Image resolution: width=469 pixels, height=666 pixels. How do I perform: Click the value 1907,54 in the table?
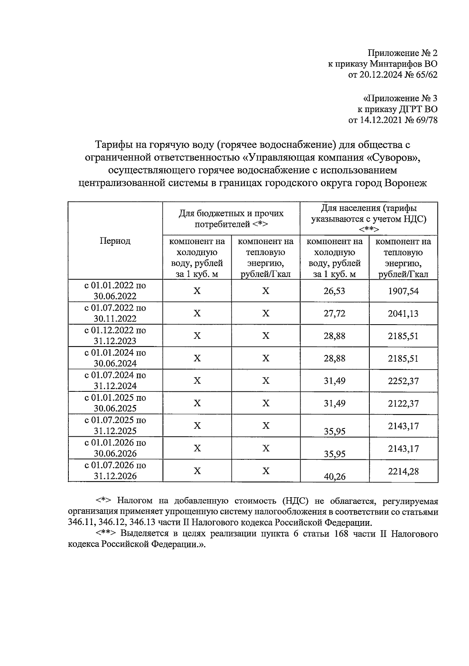click(x=403, y=291)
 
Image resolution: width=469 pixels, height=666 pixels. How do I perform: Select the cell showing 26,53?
click(x=334, y=291)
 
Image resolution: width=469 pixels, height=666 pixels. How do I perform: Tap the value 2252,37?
click(x=403, y=381)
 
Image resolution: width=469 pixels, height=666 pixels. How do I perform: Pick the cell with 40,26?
click(x=334, y=476)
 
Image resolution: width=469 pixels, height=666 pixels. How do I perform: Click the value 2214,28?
click(x=403, y=471)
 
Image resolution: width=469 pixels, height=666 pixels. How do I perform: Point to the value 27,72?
click(x=334, y=313)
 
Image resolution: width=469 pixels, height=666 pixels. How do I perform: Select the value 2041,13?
click(x=403, y=313)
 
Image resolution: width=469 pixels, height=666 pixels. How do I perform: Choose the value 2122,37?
click(x=403, y=404)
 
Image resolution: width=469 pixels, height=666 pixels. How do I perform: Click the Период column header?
click(x=115, y=241)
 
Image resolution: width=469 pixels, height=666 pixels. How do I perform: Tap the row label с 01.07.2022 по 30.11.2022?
click(x=115, y=313)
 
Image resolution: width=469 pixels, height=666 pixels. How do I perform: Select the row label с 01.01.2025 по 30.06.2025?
click(x=115, y=403)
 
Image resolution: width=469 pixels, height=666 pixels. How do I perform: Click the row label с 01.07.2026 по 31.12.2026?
click(x=115, y=470)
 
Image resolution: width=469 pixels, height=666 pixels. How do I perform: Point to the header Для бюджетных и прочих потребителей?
click(x=231, y=219)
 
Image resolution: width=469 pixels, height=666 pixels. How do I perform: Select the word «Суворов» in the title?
click(x=392, y=157)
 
